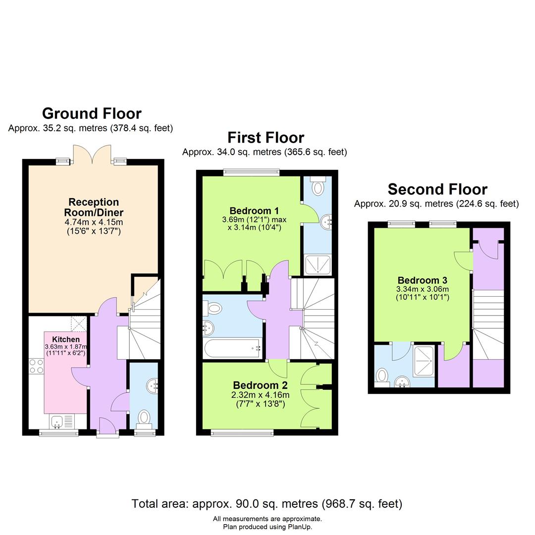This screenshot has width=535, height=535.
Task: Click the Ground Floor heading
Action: click(x=92, y=113)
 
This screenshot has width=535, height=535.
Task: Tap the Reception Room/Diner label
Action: click(x=94, y=207)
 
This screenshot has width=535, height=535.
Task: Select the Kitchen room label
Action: click(x=66, y=339)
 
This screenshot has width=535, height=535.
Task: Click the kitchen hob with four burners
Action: click(x=36, y=366)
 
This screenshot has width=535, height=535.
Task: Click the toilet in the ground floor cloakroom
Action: click(x=144, y=416)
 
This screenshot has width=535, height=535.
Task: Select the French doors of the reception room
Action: click(x=92, y=155)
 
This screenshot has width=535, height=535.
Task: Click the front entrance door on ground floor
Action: click(x=107, y=427)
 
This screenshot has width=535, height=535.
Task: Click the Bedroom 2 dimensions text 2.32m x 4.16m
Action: click(x=261, y=395)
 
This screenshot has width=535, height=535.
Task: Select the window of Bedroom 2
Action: click(x=242, y=432)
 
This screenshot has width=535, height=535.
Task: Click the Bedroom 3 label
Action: click(x=419, y=280)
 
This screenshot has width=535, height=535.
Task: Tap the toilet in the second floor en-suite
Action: click(x=382, y=376)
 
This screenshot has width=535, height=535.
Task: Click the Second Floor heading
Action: click(x=437, y=189)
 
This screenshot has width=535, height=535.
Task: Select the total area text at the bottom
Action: click(x=267, y=504)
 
